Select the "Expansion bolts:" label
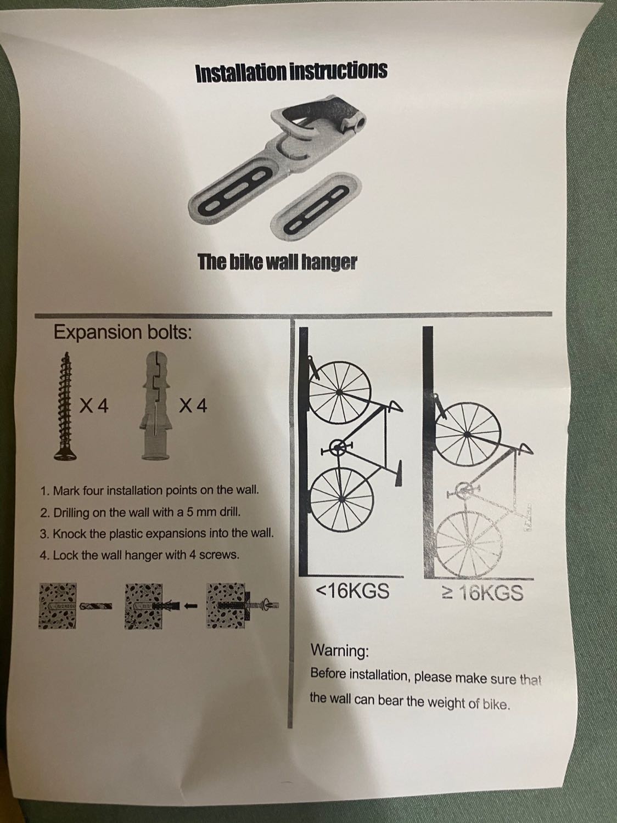pyautogui.click(x=123, y=331)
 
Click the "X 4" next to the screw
pyautogui.click(x=94, y=405)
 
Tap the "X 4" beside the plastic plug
pyautogui.click(x=193, y=405)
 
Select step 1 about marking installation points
pyautogui.click(x=150, y=491)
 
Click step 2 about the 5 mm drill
pyautogui.click(x=140, y=512)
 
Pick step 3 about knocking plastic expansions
pyautogui.click(x=157, y=533)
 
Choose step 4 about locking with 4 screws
pyautogui.click(x=139, y=555)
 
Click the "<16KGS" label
pyautogui.click(x=353, y=591)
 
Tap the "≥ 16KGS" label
pyautogui.click(x=483, y=593)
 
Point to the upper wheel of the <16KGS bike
pyautogui.click(x=339, y=391)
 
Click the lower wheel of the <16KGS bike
pyautogui.click(x=342, y=499)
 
